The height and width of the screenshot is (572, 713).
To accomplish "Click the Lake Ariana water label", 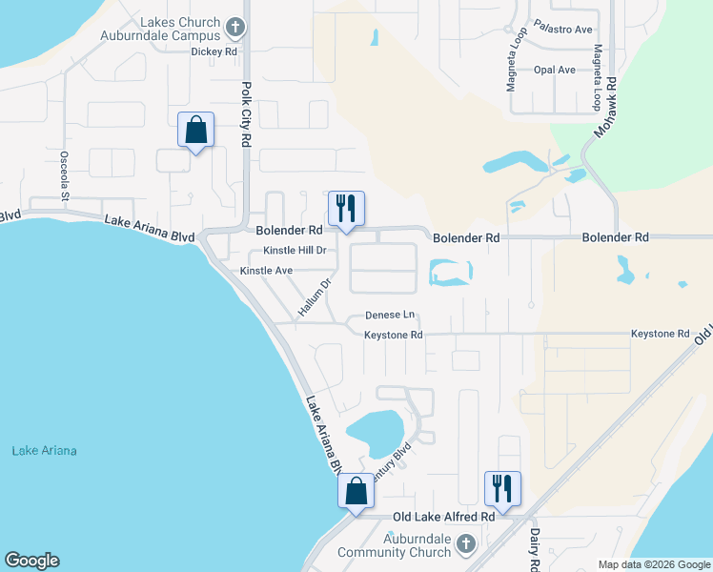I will click(44, 451).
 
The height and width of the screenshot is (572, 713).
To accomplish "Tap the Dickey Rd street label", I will click(214, 51).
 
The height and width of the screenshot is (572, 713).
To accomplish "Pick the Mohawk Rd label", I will click(605, 105).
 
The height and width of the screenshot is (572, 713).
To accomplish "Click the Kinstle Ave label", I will click(266, 271).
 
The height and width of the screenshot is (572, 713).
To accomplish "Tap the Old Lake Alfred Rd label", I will click(444, 517).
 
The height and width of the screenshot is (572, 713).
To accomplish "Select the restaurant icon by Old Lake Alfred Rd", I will click(501, 488).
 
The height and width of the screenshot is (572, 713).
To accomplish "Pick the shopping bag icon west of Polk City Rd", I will click(195, 130).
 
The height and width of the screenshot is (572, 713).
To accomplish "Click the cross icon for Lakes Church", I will click(237, 23).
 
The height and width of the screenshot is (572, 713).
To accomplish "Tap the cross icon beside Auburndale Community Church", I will click(465, 543).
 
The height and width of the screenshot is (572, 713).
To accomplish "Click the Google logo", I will click(31, 561).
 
